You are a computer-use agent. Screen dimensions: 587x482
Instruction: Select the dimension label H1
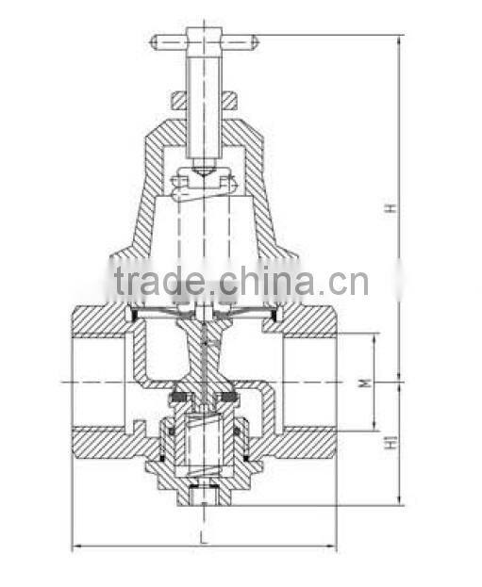[387, 441]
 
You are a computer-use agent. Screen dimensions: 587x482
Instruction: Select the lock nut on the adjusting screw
[204, 99]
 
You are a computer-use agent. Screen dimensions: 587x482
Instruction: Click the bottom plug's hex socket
[203, 493]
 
